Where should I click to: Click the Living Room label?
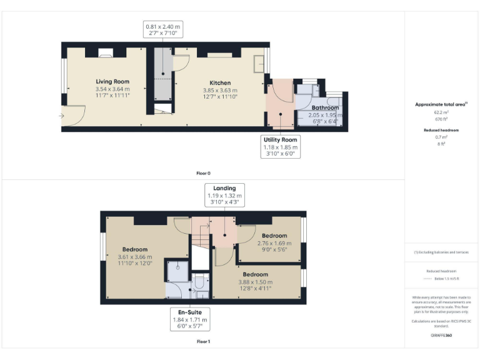coord(112,82)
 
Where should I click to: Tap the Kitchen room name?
coord(220,82)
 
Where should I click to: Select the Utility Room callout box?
coord(281,147)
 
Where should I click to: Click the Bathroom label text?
coord(325,108)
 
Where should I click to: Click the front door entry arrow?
coord(62,116)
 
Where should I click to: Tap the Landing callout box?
coord(224,195)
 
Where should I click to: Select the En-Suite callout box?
coord(191,319)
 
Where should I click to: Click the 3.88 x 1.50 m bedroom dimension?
coord(255,282)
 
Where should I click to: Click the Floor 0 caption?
coord(203,172)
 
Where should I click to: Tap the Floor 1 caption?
coord(203,342)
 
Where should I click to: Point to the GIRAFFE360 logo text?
coord(442,336)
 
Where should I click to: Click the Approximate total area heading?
coord(441,105)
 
